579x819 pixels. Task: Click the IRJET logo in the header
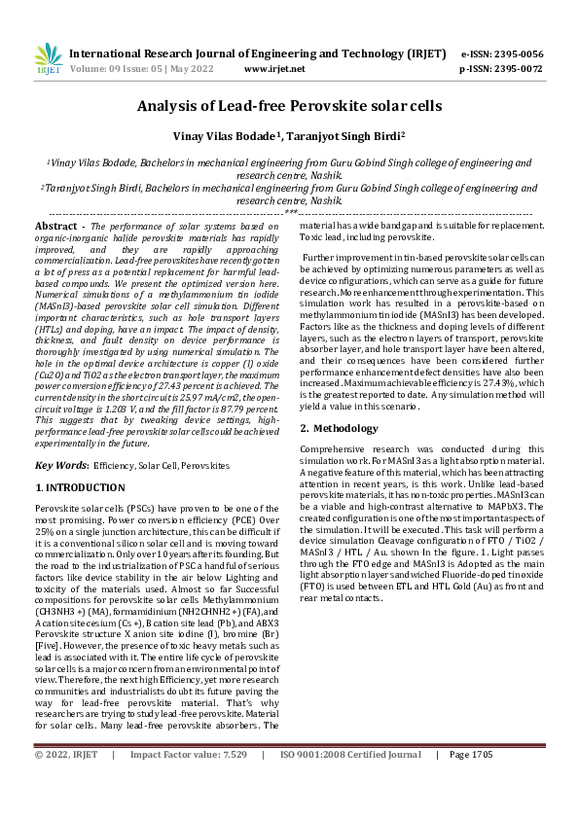coord(48,59)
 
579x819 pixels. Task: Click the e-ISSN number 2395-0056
coord(519,53)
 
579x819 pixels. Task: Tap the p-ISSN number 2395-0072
coord(519,69)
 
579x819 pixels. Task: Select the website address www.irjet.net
coord(274,69)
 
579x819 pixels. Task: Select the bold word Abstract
coord(55,225)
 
